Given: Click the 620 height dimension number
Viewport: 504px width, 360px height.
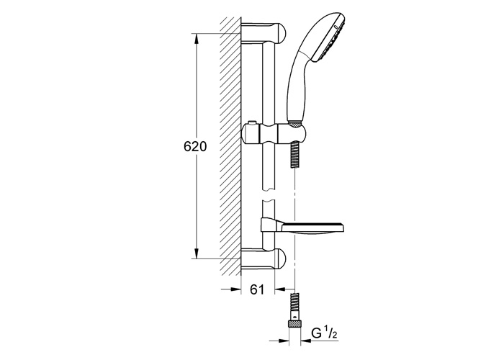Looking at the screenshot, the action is click(195, 147).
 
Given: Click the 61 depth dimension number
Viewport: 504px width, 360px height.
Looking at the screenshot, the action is click(257, 289).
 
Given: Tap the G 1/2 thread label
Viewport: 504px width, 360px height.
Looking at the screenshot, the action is click(324, 334).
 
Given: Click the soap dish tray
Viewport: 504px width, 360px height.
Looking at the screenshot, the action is click(313, 228).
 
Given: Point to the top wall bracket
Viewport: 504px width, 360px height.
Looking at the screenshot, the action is click(263, 33).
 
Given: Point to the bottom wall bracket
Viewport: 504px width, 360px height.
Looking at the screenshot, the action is click(263, 259).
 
